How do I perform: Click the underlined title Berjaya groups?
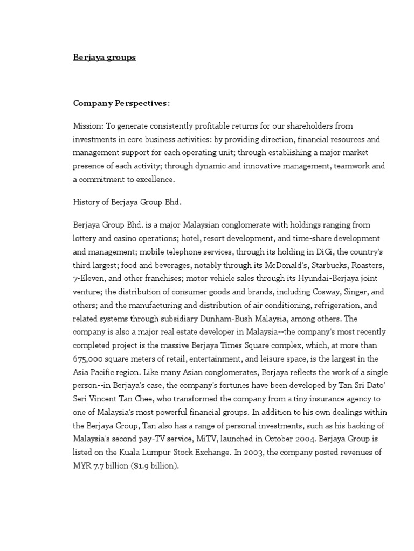(105, 58)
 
